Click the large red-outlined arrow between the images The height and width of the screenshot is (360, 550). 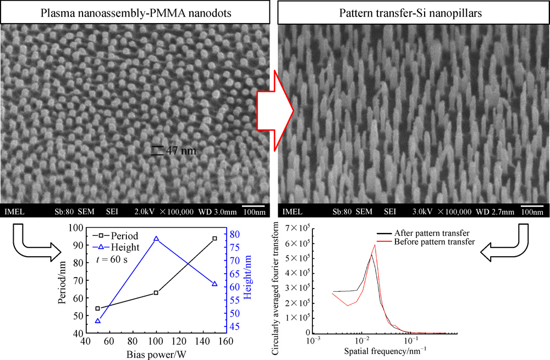[x=275, y=110]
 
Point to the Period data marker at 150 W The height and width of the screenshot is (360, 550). [x=214, y=239]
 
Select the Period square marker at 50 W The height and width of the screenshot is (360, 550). [x=98, y=308]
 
